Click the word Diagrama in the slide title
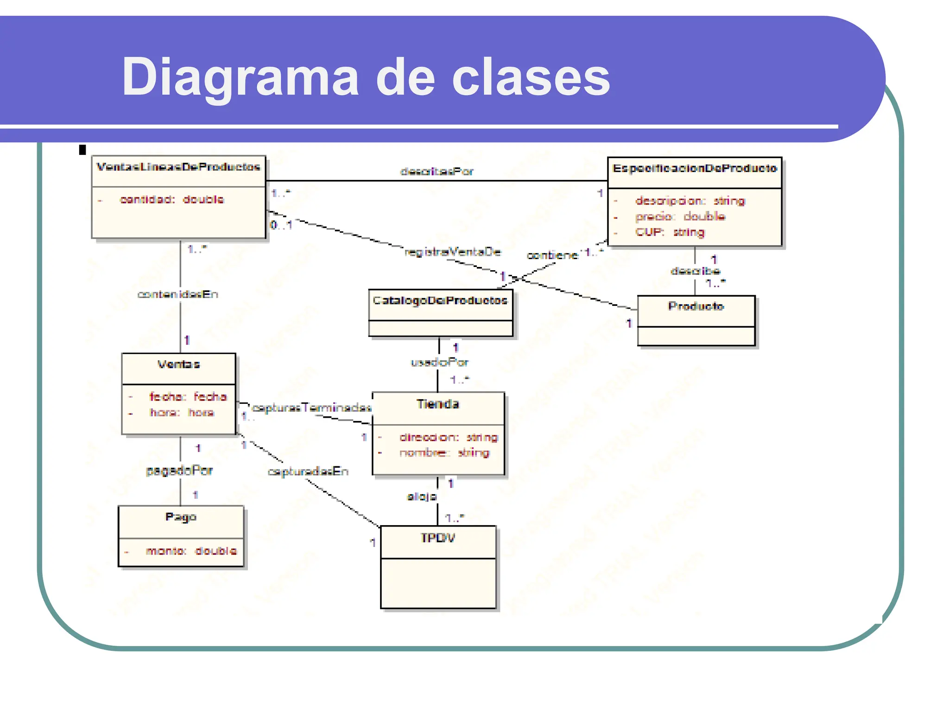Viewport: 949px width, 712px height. pos(240,77)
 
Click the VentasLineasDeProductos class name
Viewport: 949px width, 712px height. pos(178,167)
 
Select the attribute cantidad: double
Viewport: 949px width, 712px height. pos(171,200)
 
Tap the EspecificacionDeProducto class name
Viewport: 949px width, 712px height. pos(694,169)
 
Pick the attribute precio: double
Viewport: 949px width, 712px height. pos(680,216)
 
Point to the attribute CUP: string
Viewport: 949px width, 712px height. pos(670,232)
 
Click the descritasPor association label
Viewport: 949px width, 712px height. pos(437,172)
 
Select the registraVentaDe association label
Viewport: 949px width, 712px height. pos(453,252)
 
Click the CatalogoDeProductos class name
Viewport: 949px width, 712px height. pos(440,301)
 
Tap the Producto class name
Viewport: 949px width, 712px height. pos(696,306)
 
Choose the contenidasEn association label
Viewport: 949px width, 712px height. pos(177,295)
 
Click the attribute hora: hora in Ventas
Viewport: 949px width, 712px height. pos(182,413)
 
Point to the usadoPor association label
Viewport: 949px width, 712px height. pos(439,362)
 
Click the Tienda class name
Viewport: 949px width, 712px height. pos(437,404)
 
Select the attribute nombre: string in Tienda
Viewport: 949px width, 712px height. pos(444,453)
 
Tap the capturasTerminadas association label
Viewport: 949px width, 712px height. pos(311,408)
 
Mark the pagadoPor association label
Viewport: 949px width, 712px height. pos(179,471)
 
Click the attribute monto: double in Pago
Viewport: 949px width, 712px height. pos(191,551)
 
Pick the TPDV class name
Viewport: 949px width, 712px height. pos(437,538)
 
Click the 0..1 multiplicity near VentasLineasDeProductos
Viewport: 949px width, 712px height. pos(281,226)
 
